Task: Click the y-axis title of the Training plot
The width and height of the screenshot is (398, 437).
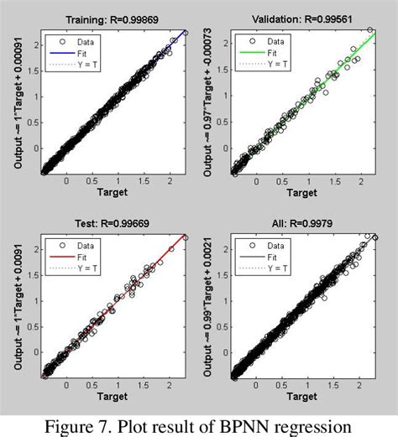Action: tap(18, 101)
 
